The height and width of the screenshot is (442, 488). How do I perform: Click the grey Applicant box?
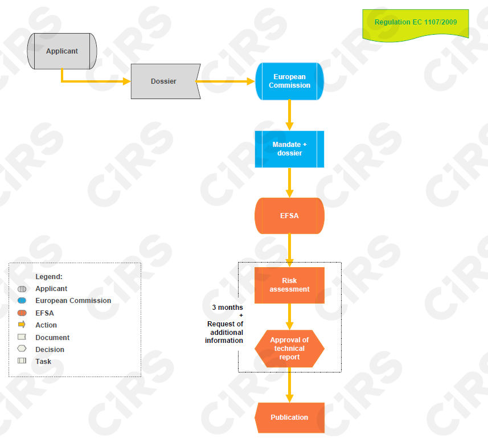pos(62,51)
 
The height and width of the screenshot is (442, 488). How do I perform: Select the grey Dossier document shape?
pos(165,81)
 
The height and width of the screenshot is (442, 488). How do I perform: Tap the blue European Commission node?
pos(289,81)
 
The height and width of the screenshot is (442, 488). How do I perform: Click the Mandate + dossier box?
pos(289,149)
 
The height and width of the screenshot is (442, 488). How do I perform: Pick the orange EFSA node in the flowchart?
pos(289,216)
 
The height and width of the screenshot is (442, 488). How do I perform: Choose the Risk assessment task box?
pos(289,285)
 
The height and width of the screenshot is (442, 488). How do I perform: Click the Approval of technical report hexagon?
pos(289,349)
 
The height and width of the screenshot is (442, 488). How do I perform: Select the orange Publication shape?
pos(289,418)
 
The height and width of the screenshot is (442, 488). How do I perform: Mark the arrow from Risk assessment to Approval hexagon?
pos(289,316)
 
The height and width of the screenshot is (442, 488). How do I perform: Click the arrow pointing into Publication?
pos(289,385)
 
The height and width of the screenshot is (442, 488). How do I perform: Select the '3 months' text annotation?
pos(227,308)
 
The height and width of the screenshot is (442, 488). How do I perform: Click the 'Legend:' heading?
pos(49,276)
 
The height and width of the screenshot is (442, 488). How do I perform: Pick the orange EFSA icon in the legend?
pos(22,313)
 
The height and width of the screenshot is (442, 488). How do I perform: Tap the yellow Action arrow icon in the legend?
pos(22,325)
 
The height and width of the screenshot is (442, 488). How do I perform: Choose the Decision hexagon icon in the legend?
pos(22,349)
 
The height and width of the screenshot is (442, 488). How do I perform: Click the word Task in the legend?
pos(43,361)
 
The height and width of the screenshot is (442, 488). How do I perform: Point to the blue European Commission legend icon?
pos(22,301)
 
